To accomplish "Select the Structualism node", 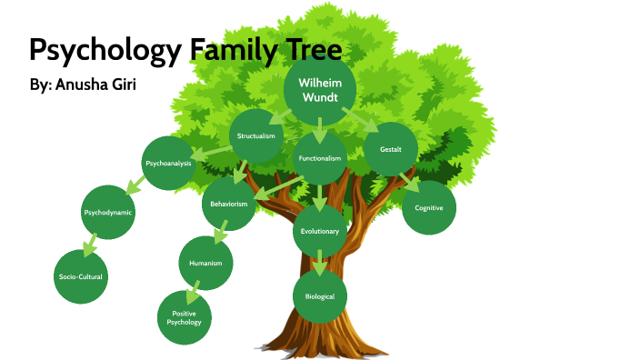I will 255,136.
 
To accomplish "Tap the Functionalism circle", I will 320,158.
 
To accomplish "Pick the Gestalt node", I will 391,148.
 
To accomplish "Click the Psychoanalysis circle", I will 168,163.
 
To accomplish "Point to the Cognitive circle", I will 428,208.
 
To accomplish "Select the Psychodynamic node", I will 107,212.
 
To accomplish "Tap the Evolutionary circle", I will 320,231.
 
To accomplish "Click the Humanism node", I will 205,263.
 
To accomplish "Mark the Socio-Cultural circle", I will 81,275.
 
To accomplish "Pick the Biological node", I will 320,296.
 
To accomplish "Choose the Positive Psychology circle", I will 185,317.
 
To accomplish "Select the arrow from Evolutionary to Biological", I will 320,263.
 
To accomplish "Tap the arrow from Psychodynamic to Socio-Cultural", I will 90,245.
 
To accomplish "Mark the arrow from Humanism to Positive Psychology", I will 193,293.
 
